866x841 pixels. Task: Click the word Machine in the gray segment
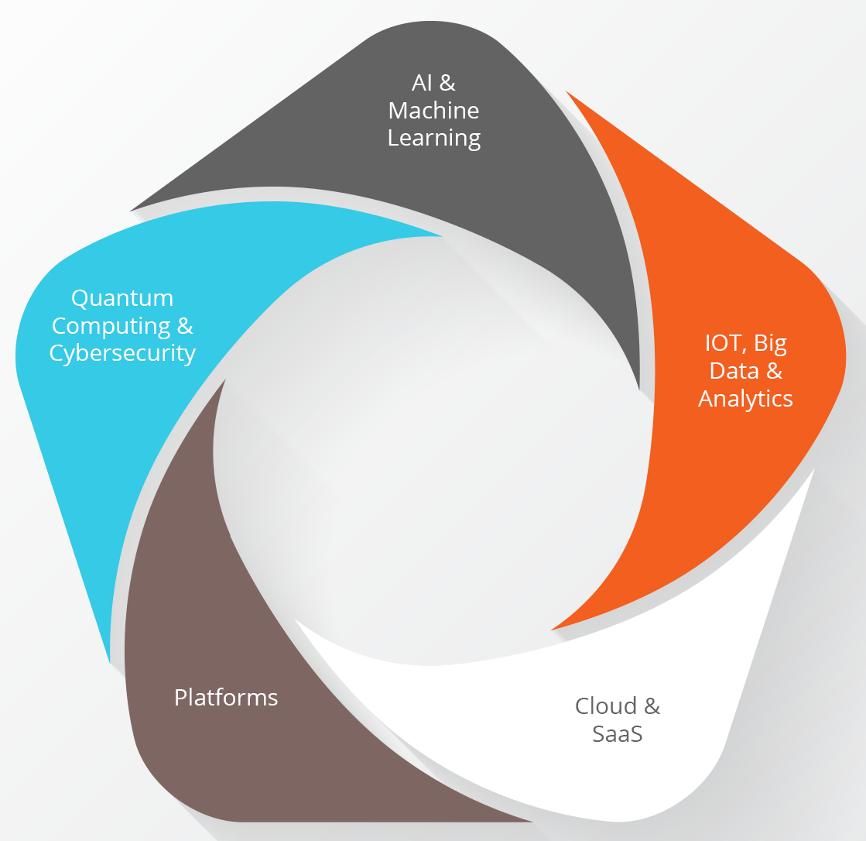pos(433,111)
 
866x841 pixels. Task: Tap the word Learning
pos(434,138)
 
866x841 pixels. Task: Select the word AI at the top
pos(422,83)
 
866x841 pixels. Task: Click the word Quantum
pos(122,298)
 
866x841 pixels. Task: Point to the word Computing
pos(111,326)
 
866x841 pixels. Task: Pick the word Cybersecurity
pos(122,354)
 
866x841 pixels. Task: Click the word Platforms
pos(226,697)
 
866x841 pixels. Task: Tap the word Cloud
pos(606,705)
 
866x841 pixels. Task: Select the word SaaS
pos(618,734)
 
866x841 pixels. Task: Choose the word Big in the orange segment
pos(771,344)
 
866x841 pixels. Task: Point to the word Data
pos(734,371)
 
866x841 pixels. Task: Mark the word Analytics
pos(745,399)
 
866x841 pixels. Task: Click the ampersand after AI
pos(447,83)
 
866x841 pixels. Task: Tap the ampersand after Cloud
pos(652,705)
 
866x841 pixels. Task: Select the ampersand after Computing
pos(185,326)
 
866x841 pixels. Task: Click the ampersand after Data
pos(775,371)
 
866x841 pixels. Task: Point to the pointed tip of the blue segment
pos(442,236)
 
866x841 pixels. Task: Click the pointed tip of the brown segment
pos(224,379)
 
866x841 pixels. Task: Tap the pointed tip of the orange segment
pos(551,630)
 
